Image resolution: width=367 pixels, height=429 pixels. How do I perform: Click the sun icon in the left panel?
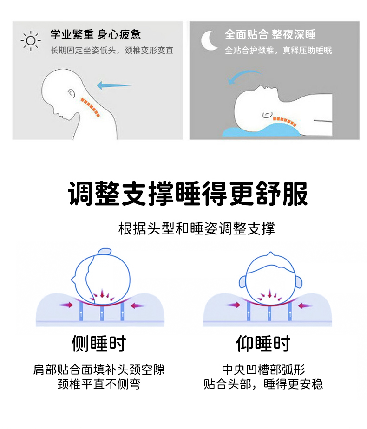(x=31, y=41)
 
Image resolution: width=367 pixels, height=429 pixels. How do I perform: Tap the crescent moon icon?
(x=208, y=41)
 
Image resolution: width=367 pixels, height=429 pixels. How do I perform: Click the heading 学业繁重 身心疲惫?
(x=95, y=35)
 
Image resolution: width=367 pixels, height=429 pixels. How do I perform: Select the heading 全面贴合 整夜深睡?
(x=270, y=34)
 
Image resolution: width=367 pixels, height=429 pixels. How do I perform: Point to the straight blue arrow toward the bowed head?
(x=114, y=85)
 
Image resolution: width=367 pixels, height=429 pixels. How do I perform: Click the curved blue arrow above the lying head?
(x=243, y=74)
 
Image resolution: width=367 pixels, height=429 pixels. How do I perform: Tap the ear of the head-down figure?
(x=71, y=94)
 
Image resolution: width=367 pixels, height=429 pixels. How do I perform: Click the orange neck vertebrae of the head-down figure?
(x=90, y=107)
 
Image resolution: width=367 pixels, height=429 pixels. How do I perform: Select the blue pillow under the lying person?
(x=262, y=130)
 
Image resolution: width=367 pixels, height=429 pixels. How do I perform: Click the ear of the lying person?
(x=268, y=115)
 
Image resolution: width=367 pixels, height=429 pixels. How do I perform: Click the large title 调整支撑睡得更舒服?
(x=188, y=194)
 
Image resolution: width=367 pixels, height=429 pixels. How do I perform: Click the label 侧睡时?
(x=99, y=344)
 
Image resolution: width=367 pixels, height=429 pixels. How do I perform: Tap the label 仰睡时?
(x=263, y=344)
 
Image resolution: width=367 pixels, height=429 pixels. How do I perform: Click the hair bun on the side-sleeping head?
(x=105, y=252)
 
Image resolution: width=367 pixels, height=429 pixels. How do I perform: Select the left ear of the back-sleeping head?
(x=242, y=282)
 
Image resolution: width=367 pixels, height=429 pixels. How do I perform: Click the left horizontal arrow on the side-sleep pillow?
(x=66, y=305)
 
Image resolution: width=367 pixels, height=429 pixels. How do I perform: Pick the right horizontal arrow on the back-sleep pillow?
(x=305, y=305)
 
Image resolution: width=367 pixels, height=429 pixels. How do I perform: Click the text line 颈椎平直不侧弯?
(x=99, y=384)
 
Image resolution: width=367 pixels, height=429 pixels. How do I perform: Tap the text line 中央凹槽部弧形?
(x=263, y=370)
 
